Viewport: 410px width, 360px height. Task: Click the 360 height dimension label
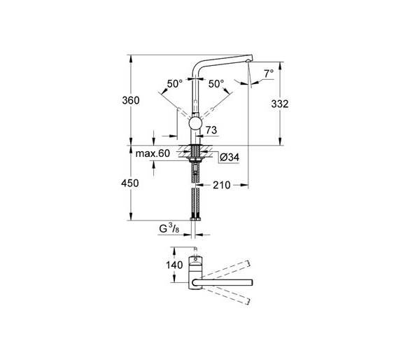click(131, 100)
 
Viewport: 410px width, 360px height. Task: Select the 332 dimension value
click(280, 104)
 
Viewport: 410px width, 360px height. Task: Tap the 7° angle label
click(269, 74)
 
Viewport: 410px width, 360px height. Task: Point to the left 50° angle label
click(175, 84)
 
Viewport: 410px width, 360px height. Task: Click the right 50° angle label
click(216, 84)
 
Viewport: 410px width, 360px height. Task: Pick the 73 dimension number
click(211, 130)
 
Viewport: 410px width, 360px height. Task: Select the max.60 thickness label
click(153, 153)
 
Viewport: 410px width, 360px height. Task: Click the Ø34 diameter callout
click(229, 158)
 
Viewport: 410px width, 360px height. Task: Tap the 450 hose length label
click(130, 183)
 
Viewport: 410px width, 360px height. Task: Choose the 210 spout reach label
click(222, 185)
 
